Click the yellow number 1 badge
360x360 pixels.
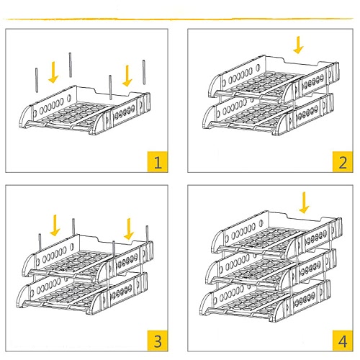pyautogui.click(x=158, y=161)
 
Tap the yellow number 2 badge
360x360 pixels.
pyautogui.click(x=343, y=161)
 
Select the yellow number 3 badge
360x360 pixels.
pyautogui.click(x=158, y=341)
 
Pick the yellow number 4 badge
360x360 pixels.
pyautogui.click(x=343, y=341)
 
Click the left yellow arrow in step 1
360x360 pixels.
pyautogui.click(x=53, y=72)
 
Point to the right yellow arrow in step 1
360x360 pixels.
pyautogui.click(x=127, y=76)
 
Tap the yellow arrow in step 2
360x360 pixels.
pyautogui.click(x=298, y=45)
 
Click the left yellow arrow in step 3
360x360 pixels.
pyautogui.click(x=55, y=225)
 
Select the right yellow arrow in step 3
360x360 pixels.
pyautogui.click(x=129, y=229)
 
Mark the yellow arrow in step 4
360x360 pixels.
pyautogui.click(x=304, y=202)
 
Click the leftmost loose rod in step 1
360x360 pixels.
pyautogui.click(x=37, y=80)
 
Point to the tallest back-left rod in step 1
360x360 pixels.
pyautogui.click(x=71, y=65)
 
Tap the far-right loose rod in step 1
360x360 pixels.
pyautogui.click(x=144, y=72)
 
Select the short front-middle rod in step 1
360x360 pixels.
pyautogui.click(x=110, y=87)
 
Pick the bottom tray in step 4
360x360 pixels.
pyautogui.click(x=265, y=300)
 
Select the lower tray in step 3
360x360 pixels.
pyautogui.click(x=82, y=293)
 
